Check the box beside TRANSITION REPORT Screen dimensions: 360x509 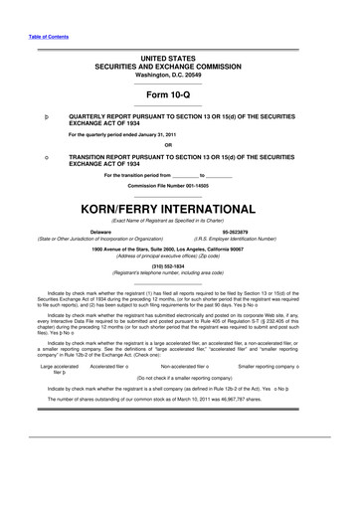(x=47, y=158)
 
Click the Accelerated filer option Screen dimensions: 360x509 (x=111, y=367)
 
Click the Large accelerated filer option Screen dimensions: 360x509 (x=58, y=371)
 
